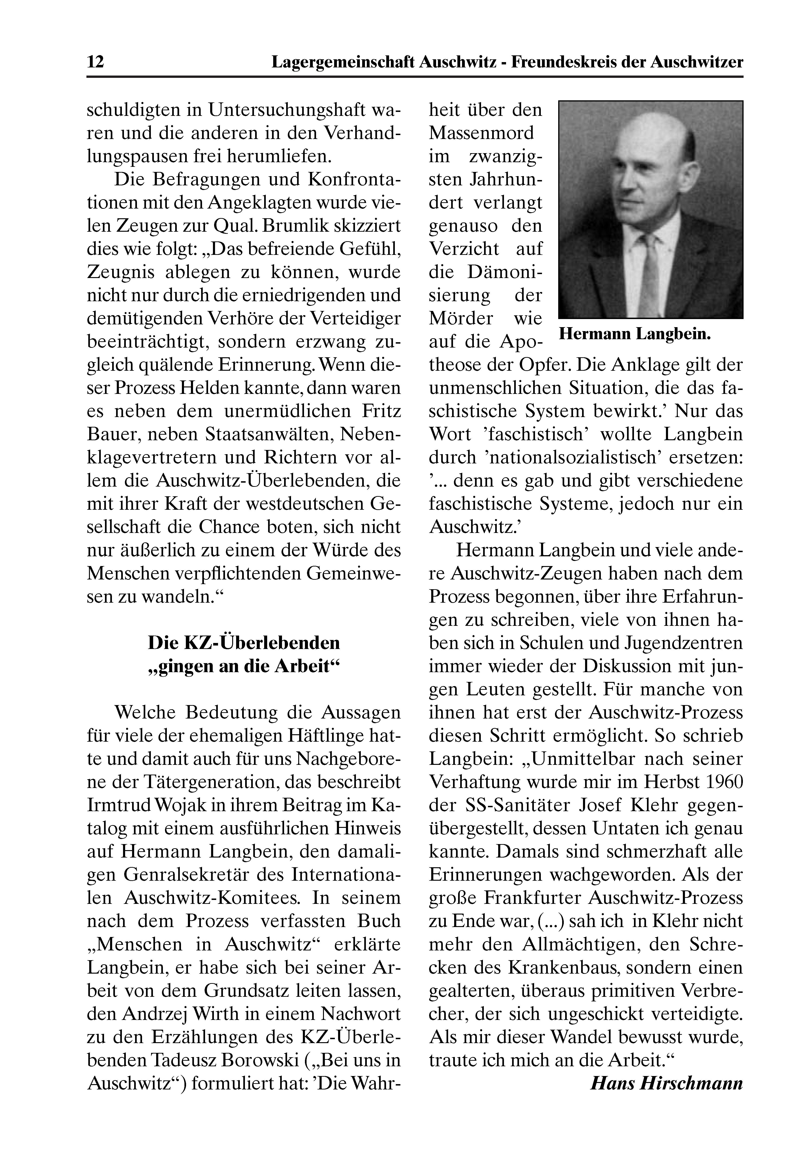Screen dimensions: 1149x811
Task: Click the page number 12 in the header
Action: pos(96,62)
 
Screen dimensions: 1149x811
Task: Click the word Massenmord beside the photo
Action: pos(482,133)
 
